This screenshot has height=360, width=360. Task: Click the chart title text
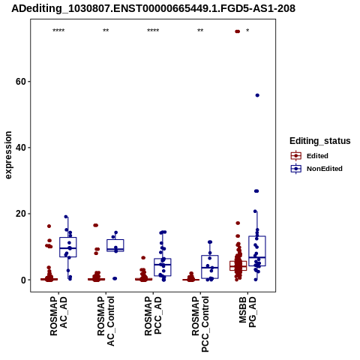(153, 8)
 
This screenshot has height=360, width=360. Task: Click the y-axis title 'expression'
(8, 155)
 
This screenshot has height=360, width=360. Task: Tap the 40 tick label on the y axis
(21, 148)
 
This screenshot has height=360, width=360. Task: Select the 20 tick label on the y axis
(21, 214)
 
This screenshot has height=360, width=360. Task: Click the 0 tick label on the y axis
(23, 280)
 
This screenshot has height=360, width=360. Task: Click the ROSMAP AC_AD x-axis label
(58, 316)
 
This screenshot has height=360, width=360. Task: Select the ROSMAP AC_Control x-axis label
(106, 321)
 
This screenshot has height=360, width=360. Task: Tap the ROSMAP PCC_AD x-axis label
(153, 316)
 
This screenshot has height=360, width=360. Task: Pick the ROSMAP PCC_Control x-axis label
(200, 324)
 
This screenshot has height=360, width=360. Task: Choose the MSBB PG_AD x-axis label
(247, 312)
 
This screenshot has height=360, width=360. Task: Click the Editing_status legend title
(320, 141)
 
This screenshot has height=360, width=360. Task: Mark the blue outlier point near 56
(257, 95)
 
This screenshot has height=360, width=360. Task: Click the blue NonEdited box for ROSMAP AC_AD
(68, 247)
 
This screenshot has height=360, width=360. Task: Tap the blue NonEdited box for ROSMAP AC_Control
(115, 245)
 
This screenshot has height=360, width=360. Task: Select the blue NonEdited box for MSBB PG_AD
(257, 251)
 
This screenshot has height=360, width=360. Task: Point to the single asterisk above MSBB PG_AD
(247, 31)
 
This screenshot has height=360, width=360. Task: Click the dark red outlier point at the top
(237, 31)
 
